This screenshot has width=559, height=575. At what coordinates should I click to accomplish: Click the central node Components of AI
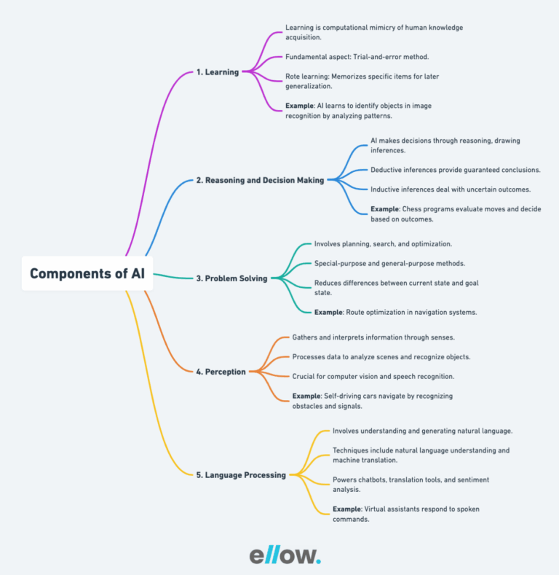coord(87,274)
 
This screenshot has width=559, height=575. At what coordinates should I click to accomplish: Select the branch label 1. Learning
coord(218,72)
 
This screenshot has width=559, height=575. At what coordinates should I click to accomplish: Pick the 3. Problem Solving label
coord(232,278)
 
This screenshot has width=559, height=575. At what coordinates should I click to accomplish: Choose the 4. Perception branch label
coord(221,372)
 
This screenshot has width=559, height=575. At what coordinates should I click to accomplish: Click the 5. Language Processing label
coord(241,475)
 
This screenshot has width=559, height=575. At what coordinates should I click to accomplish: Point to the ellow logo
coord(285,555)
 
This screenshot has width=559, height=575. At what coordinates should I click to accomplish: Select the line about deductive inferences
coord(455,170)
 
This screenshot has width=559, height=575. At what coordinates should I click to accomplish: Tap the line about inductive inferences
coord(451,189)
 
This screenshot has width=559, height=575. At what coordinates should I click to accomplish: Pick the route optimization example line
coord(395,312)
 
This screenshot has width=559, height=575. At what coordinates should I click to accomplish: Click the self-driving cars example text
coord(372,401)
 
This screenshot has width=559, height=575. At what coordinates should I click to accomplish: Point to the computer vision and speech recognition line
coord(373,376)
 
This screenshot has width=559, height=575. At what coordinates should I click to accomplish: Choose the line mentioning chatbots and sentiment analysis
coord(411,485)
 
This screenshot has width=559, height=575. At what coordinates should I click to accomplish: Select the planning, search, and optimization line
coord(383,243)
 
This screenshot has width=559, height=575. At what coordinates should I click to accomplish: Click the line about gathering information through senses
coord(373,337)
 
